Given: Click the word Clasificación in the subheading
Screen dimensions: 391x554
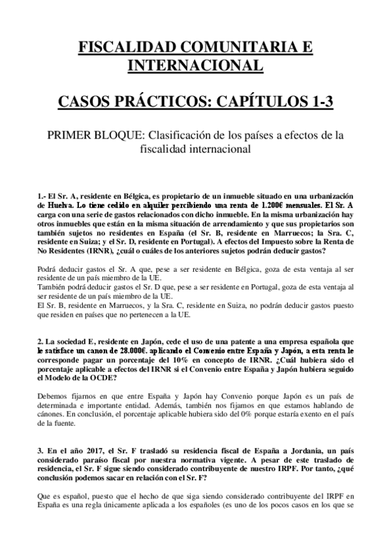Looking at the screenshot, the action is [183, 135].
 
